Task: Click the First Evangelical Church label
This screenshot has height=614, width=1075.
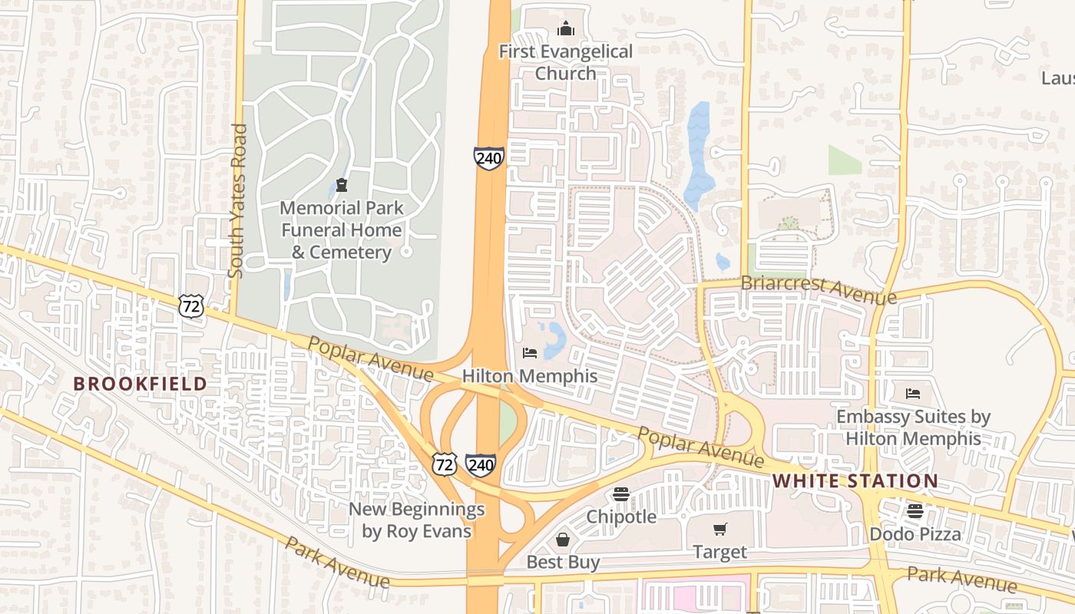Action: coord(566,62)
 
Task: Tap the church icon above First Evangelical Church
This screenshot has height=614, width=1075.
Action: coord(566,29)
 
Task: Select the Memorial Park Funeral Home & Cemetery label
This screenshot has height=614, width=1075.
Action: coord(341,229)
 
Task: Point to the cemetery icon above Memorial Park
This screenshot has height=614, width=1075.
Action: coord(341,184)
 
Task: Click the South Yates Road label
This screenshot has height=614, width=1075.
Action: coord(237,200)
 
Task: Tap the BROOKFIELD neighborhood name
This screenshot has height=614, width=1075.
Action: coord(140,384)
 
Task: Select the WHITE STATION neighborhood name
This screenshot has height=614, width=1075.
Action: coord(855,481)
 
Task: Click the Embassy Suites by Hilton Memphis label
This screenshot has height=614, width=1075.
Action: coord(913,427)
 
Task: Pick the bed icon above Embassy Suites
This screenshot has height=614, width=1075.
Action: coord(913,394)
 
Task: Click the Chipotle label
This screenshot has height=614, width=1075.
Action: coord(621,517)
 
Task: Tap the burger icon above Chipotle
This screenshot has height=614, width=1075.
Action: coord(621,494)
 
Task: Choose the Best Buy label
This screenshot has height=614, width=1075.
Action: coord(563,562)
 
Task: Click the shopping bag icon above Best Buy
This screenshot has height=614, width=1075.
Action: coord(563,540)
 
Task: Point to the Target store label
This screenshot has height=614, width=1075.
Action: coord(719,552)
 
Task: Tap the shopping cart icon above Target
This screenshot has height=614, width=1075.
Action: coord(719,529)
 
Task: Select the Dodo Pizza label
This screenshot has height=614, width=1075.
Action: coord(915,533)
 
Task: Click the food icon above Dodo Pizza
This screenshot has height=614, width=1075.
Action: coord(915,511)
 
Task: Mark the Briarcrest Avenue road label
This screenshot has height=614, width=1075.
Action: coord(818,289)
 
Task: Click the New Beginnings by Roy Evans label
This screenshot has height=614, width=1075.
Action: coord(416,520)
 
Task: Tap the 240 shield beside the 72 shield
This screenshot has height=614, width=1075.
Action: coord(481,464)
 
